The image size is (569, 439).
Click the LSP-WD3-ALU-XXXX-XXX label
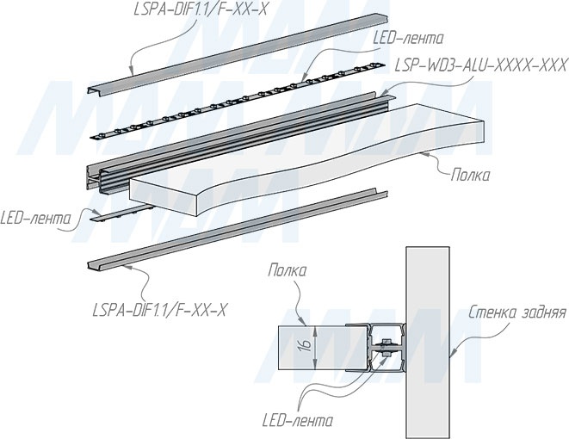pyautogui.click(x=480, y=65)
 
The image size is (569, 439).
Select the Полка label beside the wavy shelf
pyautogui.click(x=470, y=176)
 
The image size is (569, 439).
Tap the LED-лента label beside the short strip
pyautogui.click(x=36, y=217)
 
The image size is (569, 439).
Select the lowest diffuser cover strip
pyautogui.click(x=232, y=229)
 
